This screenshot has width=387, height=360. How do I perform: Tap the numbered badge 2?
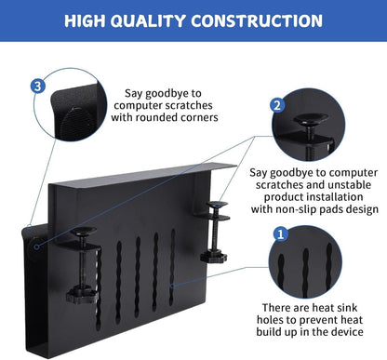pos(277,105)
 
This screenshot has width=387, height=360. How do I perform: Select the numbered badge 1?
pos(279,233)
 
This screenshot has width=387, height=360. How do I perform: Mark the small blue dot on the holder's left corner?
pos(35,247)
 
